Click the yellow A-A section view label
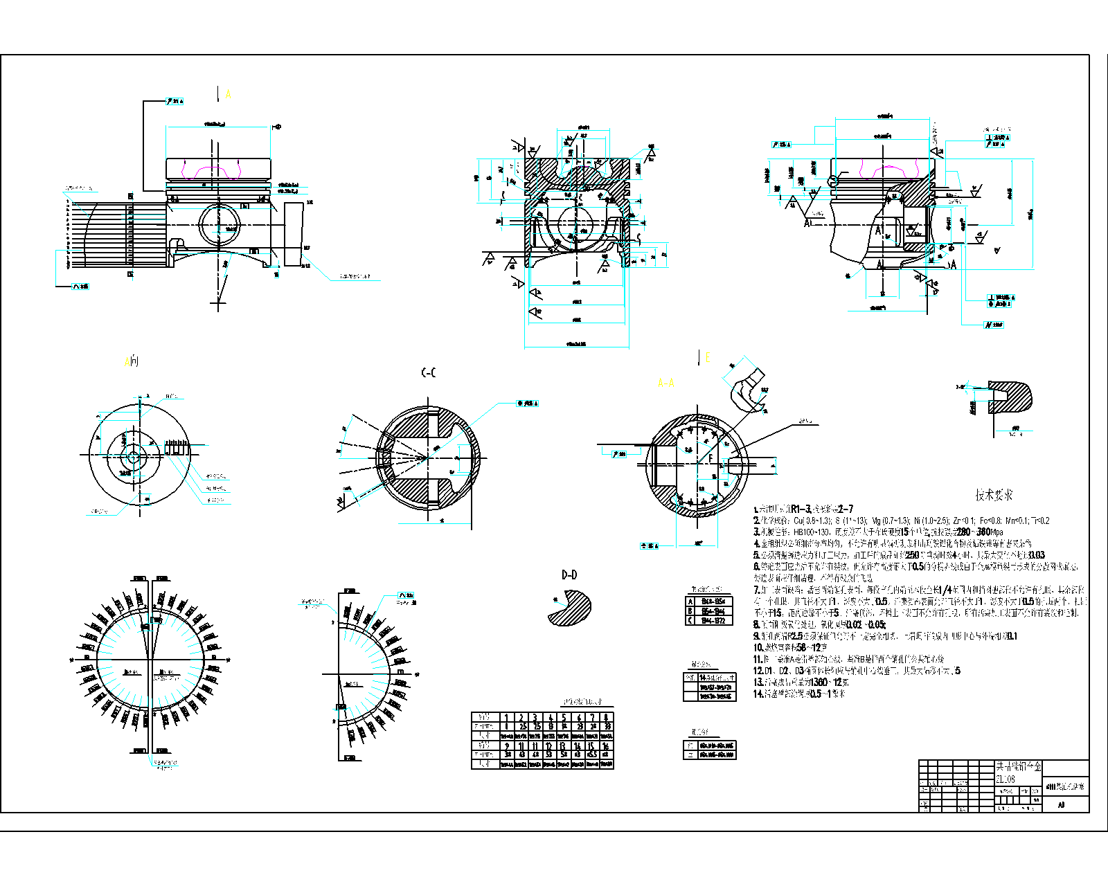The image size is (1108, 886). (665, 383)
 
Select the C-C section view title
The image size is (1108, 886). (429, 373)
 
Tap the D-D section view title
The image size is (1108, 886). (569, 575)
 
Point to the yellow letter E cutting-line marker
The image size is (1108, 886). (707, 357)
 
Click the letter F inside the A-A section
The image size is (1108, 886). (710, 458)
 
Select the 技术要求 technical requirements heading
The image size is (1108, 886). (994, 494)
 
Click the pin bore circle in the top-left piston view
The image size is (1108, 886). (219, 225)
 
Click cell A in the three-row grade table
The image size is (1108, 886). (690, 602)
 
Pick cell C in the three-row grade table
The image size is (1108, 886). (690, 620)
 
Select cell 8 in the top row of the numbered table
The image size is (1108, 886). (607, 718)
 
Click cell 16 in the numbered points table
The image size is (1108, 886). (606, 746)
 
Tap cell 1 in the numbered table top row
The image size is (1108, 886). (506, 718)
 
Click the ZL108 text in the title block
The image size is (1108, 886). (1006, 779)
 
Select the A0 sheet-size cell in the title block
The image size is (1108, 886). (1061, 805)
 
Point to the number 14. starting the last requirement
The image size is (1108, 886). (758, 694)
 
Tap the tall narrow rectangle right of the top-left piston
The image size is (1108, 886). (294, 234)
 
